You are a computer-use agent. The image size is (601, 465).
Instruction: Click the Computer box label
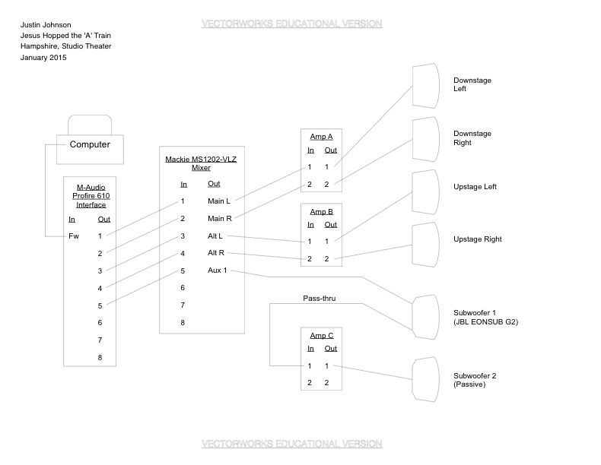pyautogui.click(x=90, y=144)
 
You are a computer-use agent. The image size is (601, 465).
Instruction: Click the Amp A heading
pyautogui.click(x=321, y=137)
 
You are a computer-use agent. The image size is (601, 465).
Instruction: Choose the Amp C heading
pyautogui.click(x=321, y=335)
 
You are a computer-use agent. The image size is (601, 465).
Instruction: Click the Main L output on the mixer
pyautogui.click(x=219, y=201)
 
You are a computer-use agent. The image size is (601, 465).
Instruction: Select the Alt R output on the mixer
pyautogui.click(x=217, y=253)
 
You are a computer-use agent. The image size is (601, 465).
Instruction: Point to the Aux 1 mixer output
pyautogui.click(x=217, y=270)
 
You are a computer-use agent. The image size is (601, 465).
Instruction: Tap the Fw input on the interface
pyautogui.click(x=74, y=236)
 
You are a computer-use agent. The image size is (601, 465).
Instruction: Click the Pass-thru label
pyautogui.click(x=319, y=299)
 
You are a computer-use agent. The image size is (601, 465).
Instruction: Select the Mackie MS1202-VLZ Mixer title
pyautogui.click(x=202, y=163)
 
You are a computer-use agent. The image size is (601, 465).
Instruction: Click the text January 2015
pyautogui.click(x=43, y=58)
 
